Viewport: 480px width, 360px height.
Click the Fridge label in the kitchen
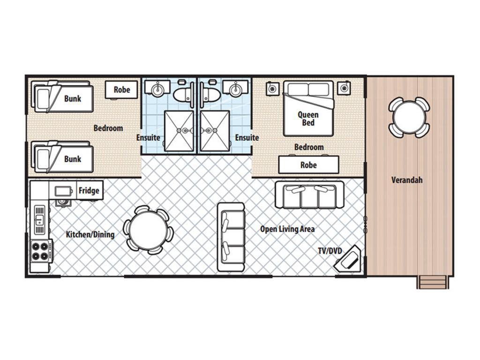[89, 190]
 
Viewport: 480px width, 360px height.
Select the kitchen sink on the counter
[39, 220]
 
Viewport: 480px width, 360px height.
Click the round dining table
[148, 230]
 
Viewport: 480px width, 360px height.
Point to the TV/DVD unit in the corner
[348, 258]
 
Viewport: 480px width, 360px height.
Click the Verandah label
[407, 180]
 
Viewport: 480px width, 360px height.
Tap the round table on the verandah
[409, 117]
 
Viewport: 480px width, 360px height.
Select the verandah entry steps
[433, 282]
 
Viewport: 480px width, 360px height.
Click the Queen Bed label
[308, 119]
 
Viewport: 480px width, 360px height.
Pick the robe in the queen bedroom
[308, 165]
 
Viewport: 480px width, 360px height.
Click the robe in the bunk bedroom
[121, 90]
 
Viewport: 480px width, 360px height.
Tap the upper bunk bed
[62, 97]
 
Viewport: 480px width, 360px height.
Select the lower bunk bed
[62, 157]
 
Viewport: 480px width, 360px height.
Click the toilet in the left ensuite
[183, 94]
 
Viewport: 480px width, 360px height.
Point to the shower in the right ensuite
[215, 131]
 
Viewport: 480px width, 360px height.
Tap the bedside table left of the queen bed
[272, 89]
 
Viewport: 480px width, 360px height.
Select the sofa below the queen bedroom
[309, 195]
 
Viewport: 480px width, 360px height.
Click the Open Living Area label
[287, 229]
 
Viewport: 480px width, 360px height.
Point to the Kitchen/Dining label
[90, 234]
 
